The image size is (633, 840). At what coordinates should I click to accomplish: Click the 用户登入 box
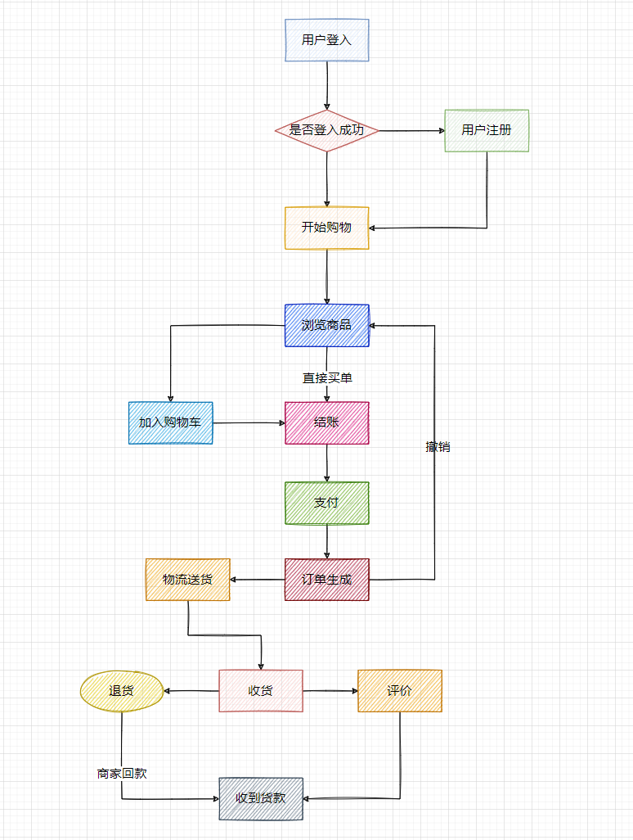[x=327, y=40]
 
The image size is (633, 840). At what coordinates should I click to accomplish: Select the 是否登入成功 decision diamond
[x=327, y=130]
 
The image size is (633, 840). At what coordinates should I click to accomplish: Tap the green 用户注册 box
[x=487, y=130]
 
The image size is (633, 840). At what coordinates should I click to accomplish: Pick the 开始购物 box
[x=327, y=228]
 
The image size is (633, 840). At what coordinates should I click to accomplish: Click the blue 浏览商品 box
[x=327, y=325]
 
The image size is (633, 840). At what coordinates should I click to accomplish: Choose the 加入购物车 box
[x=170, y=422]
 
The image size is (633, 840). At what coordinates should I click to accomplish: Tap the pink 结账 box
[x=327, y=422]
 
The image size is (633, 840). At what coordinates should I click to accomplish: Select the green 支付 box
[x=327, y=503]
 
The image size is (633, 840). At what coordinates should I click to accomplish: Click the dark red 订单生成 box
[x=327, y=580]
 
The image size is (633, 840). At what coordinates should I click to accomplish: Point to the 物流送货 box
[x=187, y=580]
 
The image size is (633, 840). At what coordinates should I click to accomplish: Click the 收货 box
[x=261, y=691]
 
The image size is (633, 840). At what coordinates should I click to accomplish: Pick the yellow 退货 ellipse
[x=121, y=691]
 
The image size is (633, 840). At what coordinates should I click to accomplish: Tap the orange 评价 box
[x=400, y=691]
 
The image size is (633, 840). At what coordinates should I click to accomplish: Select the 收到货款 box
[x=261, y=798]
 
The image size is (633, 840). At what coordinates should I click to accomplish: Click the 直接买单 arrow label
[x=327, y=378]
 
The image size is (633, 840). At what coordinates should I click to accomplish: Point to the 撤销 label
[x=438, y=447]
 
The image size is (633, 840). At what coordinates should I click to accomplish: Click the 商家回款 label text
[x=122, y=773]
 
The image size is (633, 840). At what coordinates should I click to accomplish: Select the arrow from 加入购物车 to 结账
[x=249, y=422]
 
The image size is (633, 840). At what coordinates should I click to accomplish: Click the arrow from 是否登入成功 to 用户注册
[x=411, y=130]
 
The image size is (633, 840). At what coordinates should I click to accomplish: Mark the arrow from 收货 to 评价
[x=330, y=691]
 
